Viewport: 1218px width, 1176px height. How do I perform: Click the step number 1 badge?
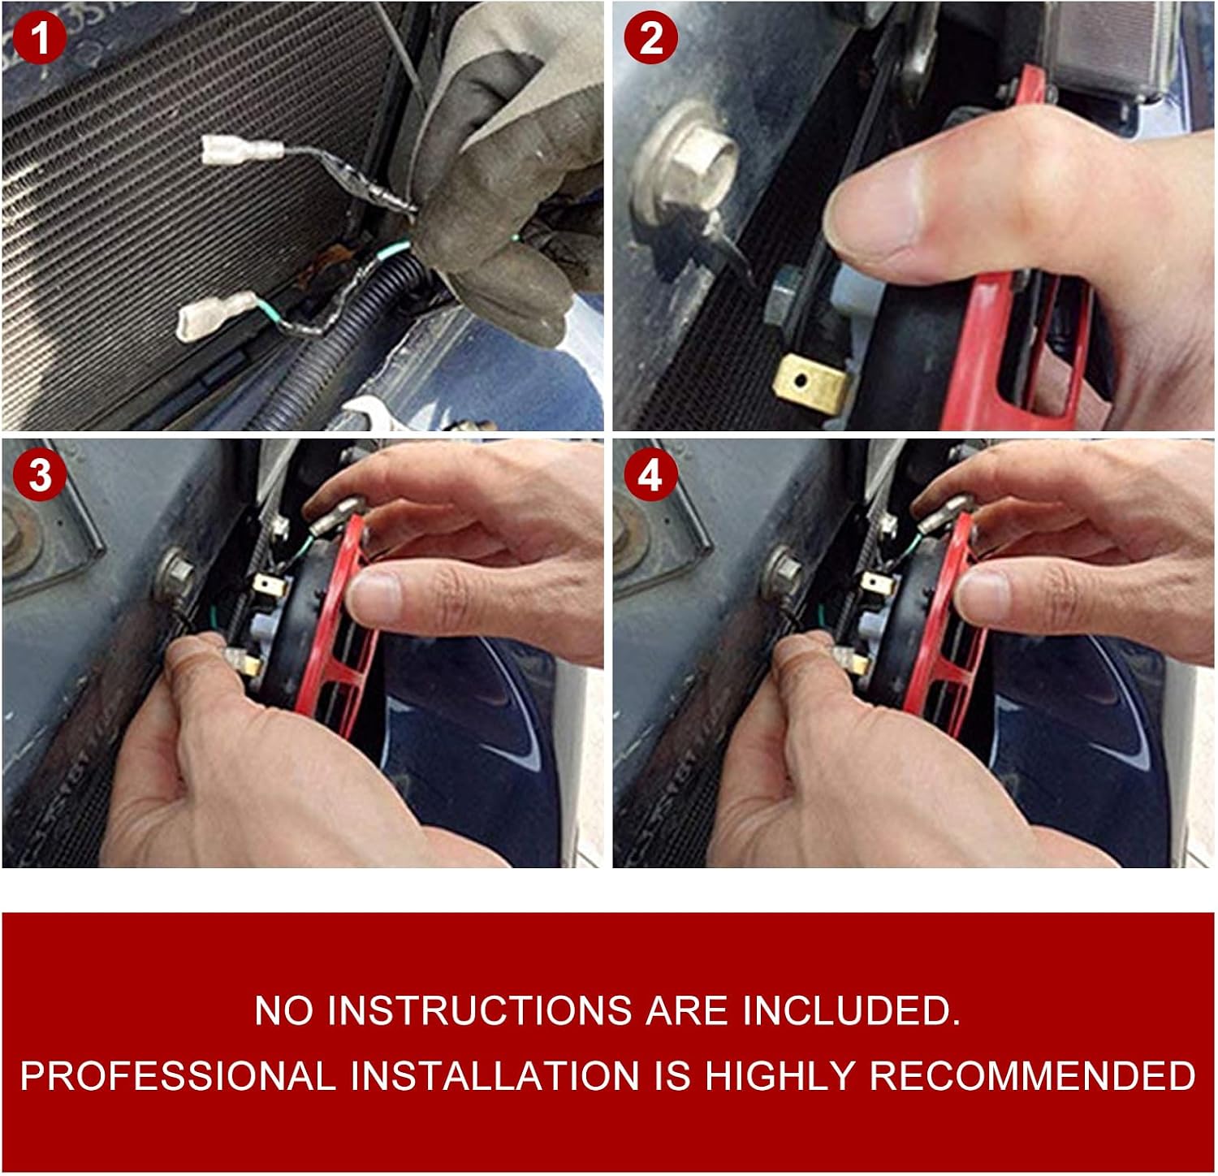tap(40, 38)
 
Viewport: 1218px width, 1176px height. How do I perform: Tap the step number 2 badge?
tap(650, 38)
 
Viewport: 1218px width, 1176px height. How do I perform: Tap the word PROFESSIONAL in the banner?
tap(178, 1075)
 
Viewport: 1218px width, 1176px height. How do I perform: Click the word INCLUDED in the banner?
tap(851, 1010)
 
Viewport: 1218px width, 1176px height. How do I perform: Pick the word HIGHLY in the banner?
tap(779, 1075)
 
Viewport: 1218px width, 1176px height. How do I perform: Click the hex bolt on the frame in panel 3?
tap(175, 573)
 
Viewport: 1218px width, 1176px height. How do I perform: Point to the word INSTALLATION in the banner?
tap(495, 1075)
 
